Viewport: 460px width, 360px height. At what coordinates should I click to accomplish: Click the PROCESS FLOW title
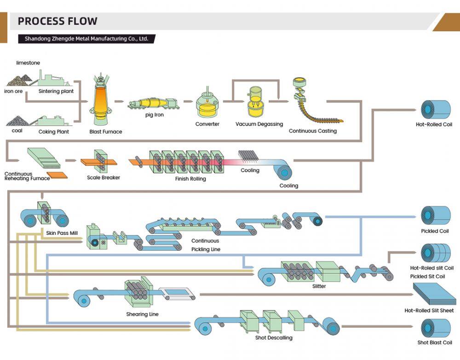tap(57, 21)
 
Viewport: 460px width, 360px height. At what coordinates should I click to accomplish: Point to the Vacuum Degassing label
tap(259, 124)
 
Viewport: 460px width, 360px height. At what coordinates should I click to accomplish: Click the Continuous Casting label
tap(312, 131)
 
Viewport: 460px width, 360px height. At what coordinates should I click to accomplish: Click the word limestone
tap(28, 63)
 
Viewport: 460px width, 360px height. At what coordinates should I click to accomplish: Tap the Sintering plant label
tap(56, 91)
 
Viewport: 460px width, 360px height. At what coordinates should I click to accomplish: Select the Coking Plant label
tap(53, 132)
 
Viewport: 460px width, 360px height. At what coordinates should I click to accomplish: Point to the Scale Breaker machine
tap(99, 161)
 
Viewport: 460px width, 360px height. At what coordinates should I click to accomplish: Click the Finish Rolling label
tap(190, 179)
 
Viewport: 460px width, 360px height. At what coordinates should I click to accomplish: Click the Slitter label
tap(319, 286)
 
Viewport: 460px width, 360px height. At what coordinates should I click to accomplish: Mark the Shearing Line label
tap(142, 314)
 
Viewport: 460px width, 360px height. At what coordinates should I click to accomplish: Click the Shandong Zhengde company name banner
tap(86, 39)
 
